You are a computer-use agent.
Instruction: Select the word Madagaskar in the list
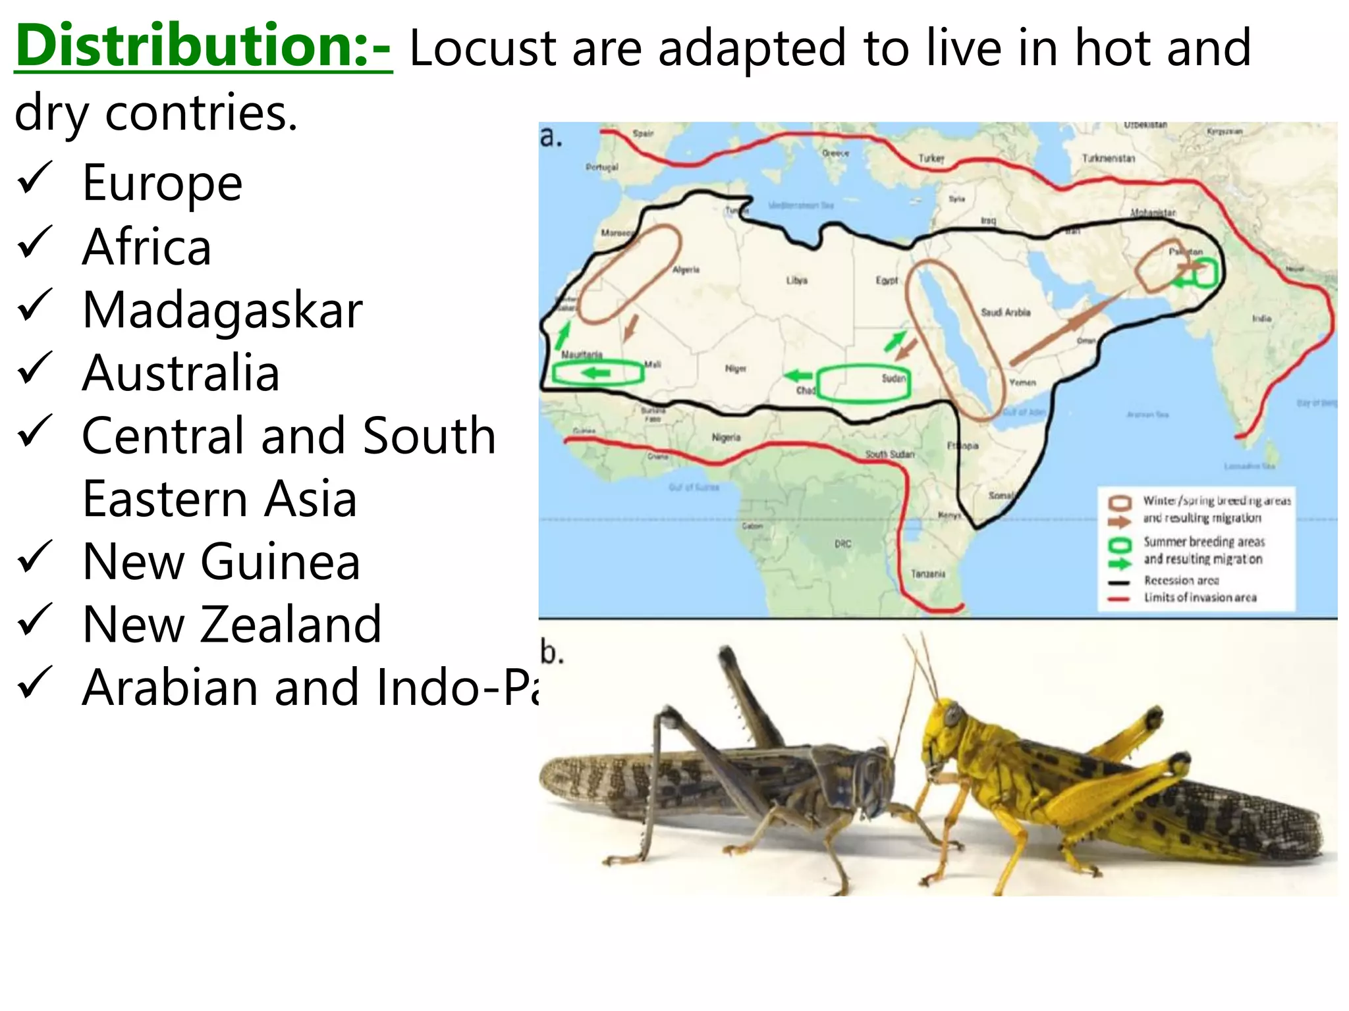pos(223,310)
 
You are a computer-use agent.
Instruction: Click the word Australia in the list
pos(181,373)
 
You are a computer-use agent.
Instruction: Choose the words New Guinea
pos(221,561)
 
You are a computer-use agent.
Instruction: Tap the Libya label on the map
pos(796,280)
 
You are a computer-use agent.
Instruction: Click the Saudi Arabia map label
pos(1005,312)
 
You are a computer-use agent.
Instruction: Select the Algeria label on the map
pos(686,270)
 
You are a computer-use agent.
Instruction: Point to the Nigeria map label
pos(726,437)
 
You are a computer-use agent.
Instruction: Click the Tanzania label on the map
pos(927,574)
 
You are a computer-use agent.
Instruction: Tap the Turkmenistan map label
pos(1108,159)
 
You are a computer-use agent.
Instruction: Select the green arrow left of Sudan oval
pos(798,376)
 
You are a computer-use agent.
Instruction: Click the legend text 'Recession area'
pos(1181,581)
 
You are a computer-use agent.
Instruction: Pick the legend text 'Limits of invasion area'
pos(1199,598)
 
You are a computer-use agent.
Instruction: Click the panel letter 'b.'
pos(551,652)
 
